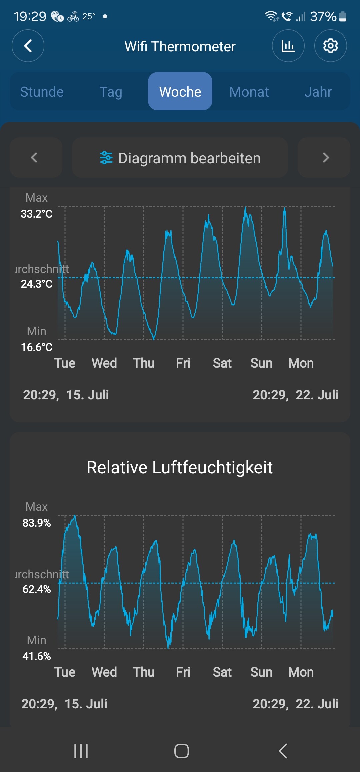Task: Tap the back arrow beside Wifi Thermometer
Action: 28,46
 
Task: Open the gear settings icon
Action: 330,46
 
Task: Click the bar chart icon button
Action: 288,46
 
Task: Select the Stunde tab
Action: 42,92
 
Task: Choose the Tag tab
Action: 111,92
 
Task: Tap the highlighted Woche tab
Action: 180,92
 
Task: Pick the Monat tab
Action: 249,92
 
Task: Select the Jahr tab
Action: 318,92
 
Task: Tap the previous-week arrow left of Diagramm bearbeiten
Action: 34,158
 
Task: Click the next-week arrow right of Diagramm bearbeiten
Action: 326,158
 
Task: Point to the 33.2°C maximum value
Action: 37,214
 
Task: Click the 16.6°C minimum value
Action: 37,347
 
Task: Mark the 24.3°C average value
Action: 37,284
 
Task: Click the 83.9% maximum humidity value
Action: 37,523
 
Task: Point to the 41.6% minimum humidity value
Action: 37,656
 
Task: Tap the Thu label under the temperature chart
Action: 144,363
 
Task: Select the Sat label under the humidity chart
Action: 222,672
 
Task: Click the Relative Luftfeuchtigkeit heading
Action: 180,467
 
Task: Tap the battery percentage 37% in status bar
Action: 323,16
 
